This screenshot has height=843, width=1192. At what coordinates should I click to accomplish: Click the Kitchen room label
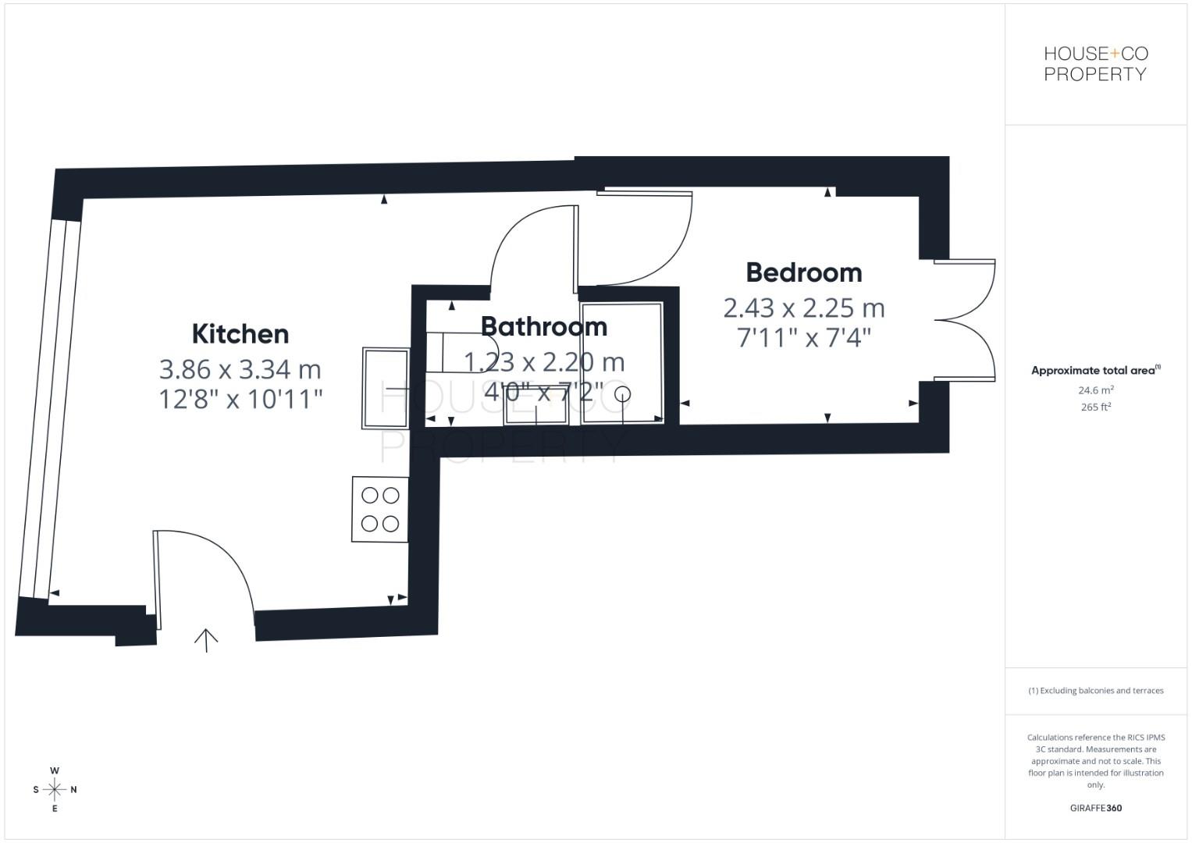tap(240, 333)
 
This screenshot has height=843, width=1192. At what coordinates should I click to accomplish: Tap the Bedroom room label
tap(804, 272)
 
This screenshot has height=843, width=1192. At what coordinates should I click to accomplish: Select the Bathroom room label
tap(543, 326)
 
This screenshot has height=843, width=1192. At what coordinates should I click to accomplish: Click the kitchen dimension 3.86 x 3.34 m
tap(240, 368)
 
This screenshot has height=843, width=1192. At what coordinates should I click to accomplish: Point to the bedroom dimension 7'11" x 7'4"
tap(804, 338)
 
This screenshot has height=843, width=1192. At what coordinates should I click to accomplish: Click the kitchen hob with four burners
tap(380, 509)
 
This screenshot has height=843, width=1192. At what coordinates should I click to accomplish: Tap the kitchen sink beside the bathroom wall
tap(386, 388)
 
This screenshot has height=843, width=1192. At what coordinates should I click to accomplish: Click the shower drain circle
tap(622, 393)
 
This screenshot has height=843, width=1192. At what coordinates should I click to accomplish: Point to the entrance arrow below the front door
tap(206, 639)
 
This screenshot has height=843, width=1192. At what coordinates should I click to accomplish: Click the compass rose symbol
tap(55, 789)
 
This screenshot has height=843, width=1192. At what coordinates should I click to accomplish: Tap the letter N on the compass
tap(74, 789)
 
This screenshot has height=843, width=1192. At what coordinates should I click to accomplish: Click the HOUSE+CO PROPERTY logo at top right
tap(1095, 64)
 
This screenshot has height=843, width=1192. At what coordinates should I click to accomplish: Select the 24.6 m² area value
tap(1095, 390)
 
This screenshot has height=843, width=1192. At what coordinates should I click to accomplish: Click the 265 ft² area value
tap(1095, 407)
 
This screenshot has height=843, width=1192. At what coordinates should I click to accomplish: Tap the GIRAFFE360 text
tap(1095, 808)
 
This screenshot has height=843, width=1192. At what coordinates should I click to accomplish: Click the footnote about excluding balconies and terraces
tap(1095, 691)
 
